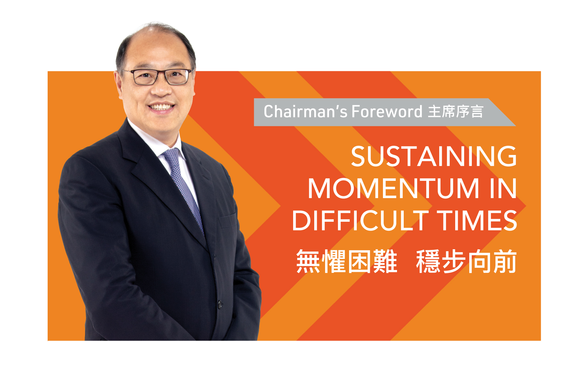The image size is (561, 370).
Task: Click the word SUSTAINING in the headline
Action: click(434, 156)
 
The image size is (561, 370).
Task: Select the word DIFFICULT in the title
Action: click(360, 220)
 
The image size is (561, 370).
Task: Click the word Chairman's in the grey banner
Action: click(305, 112)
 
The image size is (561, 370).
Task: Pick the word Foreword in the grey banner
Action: click(387, 112)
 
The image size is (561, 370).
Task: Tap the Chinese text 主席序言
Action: click(456, 112)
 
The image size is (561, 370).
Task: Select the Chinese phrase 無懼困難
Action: click(347, 262)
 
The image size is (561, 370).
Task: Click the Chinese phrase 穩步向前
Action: click(466, 262)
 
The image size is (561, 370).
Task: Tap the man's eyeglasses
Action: click(157, 77)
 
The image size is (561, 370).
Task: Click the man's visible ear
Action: click(118, 85)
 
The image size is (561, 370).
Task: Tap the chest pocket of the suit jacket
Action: click(228, 220)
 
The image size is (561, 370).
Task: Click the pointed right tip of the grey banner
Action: click(516, 126)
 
